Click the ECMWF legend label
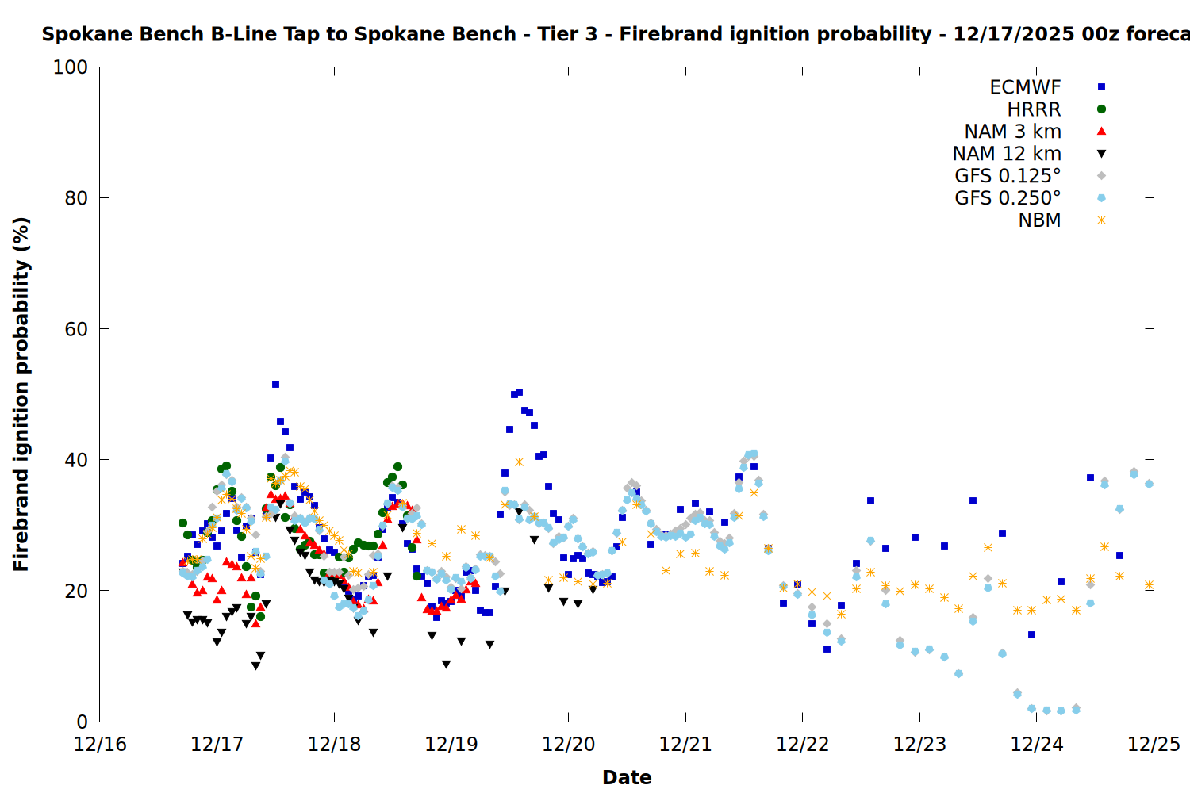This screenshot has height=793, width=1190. pyautogui.click(x=1025, y=87)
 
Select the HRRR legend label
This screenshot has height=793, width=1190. pyautogui.click(x=1034, y=109)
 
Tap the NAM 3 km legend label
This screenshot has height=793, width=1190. pyautogui.click(x=1012, y=132)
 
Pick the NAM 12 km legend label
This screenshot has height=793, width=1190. pyautogui.click(x=1007, y=154)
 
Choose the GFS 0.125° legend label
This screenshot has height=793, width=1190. pyautogui.click(x=1008, y=176)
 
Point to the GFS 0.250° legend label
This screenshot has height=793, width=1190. pyautogui.click(x=1008, y=198)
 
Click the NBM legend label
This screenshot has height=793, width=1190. pyautogui.click(x=1039, y=220)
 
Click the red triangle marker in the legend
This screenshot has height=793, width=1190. pyautogui.click(x=1101, y=132)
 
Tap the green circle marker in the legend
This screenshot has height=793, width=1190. pyautogui.click(x=1101, y=109)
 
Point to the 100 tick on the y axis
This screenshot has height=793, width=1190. pyautogui.click(x=71, y=67)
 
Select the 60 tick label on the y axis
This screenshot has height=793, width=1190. pyautogui.click(x=76, y=329)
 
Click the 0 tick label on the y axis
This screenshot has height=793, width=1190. pyautogui.click(x=82, y=722)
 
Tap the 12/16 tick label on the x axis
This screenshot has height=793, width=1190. pyautogui.click(x=100, y=745)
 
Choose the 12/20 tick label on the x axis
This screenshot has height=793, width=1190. pyautogui.click(x=568, y=745)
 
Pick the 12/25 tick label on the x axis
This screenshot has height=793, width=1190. pyautogui.click(x=1154, y=745)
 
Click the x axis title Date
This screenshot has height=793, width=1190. pyautogui.click(x=627, y=777)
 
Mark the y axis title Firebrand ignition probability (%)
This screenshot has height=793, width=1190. pyautogui.click(x=21, y=394)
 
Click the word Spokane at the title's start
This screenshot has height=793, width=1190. pyautogui.click(x=80, y=34)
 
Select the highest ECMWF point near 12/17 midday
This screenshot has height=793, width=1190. pyautogui.click(x=275, y=384)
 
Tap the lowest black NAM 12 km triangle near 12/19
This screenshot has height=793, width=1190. pyautogui.click(x=446, y=665)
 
